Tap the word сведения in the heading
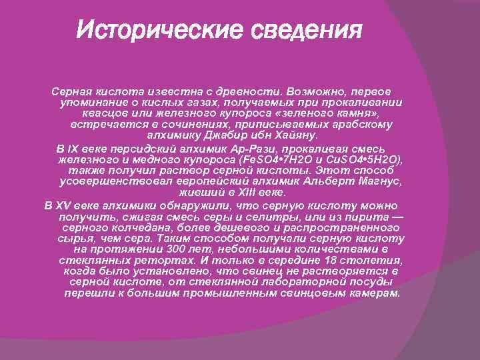click(304, 30)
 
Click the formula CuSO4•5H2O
click(363, 161)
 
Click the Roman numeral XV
click(64, 206)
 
